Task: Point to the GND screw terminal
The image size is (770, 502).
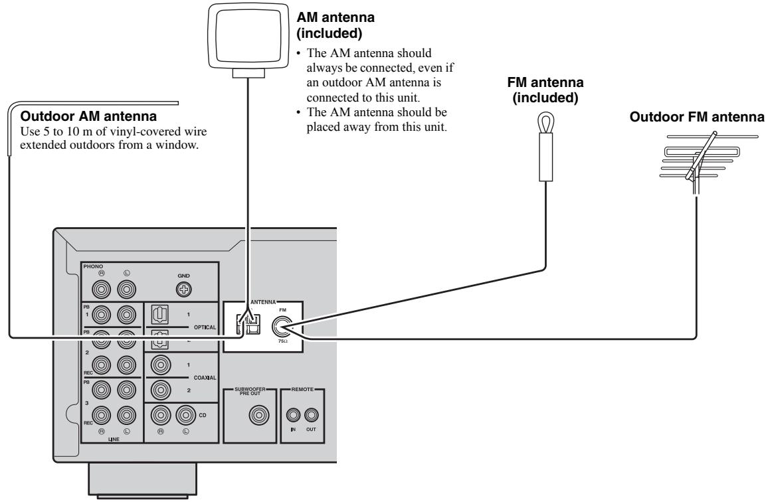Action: coord(185,290)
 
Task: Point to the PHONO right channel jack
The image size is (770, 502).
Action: coord(102,290)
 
